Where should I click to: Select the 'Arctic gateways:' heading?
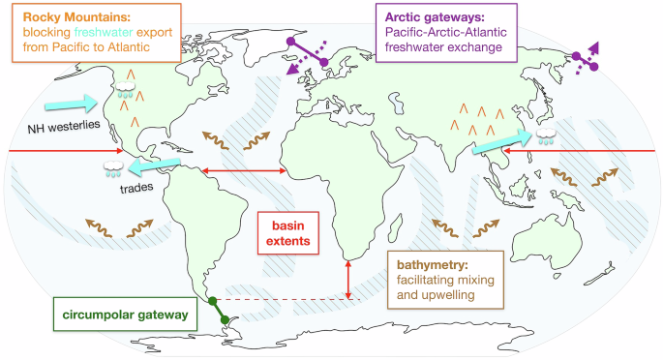pos(435,15)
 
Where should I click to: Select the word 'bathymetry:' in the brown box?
pos(422,263)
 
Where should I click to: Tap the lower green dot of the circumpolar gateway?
pos(224,320)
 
